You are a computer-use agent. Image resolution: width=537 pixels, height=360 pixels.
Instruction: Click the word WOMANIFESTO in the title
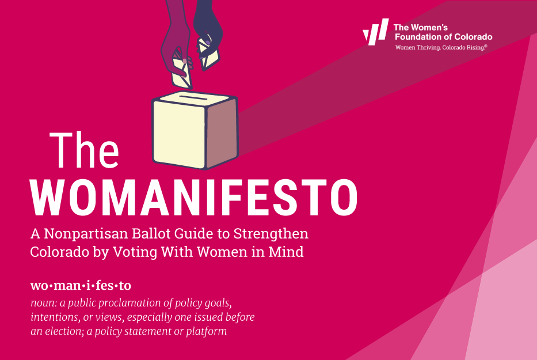coord(194,198)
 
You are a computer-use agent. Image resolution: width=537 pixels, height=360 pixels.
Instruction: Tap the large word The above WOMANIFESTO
coord(84,150)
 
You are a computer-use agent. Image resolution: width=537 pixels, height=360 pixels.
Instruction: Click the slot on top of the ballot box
coord(193,98)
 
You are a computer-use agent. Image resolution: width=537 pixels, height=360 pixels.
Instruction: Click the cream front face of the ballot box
coord(180,135)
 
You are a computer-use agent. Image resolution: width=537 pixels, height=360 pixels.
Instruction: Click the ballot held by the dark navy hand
coord(208,54)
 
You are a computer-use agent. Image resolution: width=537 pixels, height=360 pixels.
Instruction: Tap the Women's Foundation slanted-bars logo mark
coord(376,32)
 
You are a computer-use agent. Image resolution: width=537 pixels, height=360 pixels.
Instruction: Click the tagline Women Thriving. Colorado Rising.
coord(441,47)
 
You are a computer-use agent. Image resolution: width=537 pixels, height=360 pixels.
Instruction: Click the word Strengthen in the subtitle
coord(271,234)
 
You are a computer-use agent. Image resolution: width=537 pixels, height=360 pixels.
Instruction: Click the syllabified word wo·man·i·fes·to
coord(81,285)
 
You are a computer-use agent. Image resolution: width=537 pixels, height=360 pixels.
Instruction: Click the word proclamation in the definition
coord(114,303)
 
